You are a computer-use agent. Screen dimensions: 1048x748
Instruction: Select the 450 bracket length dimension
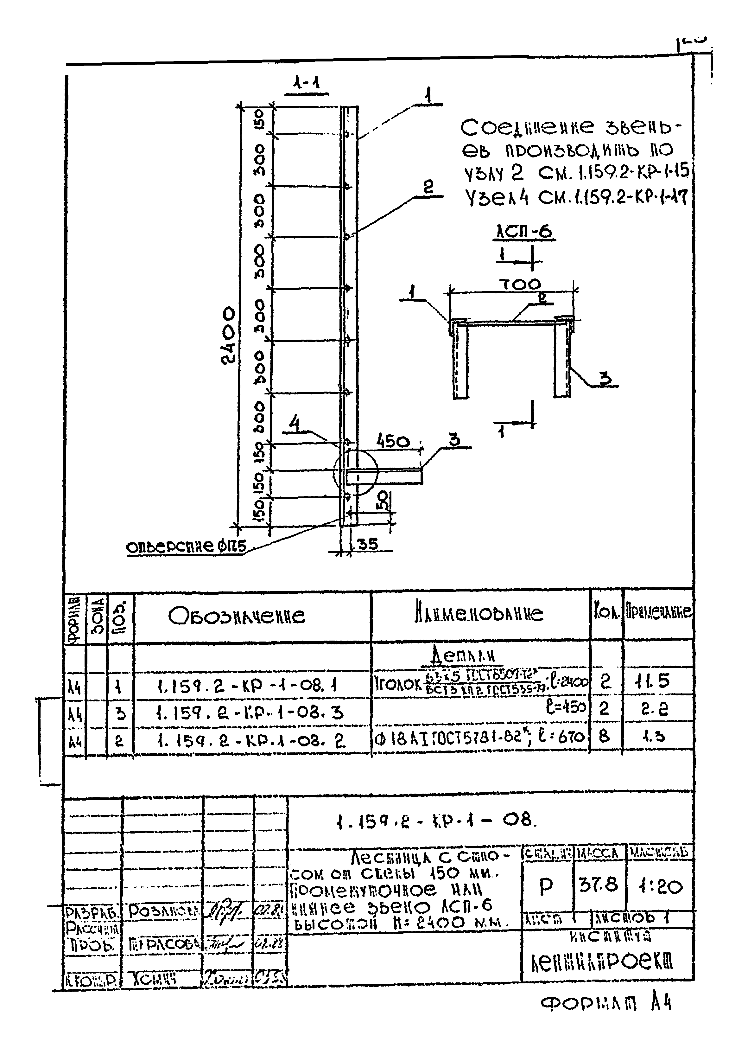coord(392,442)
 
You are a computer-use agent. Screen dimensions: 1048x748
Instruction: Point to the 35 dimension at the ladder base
coord(367,544)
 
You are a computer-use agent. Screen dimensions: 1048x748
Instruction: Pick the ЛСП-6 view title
coord(524,232)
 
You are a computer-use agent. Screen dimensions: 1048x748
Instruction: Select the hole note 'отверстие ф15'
coord(187,547)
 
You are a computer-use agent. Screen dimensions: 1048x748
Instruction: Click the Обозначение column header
coord(236,616)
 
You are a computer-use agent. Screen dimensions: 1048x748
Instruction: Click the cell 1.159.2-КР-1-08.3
coord(250,713)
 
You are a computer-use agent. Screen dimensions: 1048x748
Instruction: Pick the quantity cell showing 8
coord(604,736)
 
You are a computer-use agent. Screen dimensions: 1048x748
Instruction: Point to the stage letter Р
coord(546,886)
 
